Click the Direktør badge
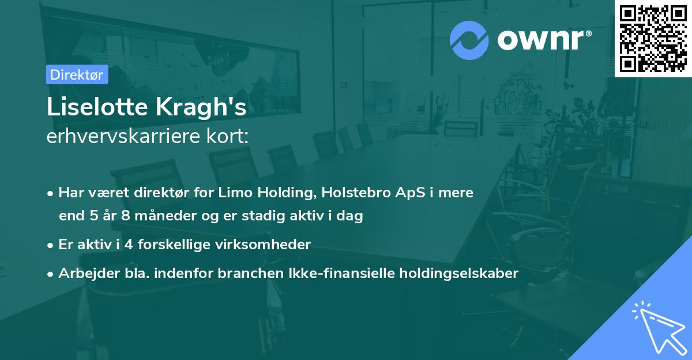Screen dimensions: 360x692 click(x=77, y=74)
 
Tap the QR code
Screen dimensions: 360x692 click(x=653, y=38)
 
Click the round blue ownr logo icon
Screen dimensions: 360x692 click(x=469, y=40)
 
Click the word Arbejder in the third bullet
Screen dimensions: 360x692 click(x=84, y=273)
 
